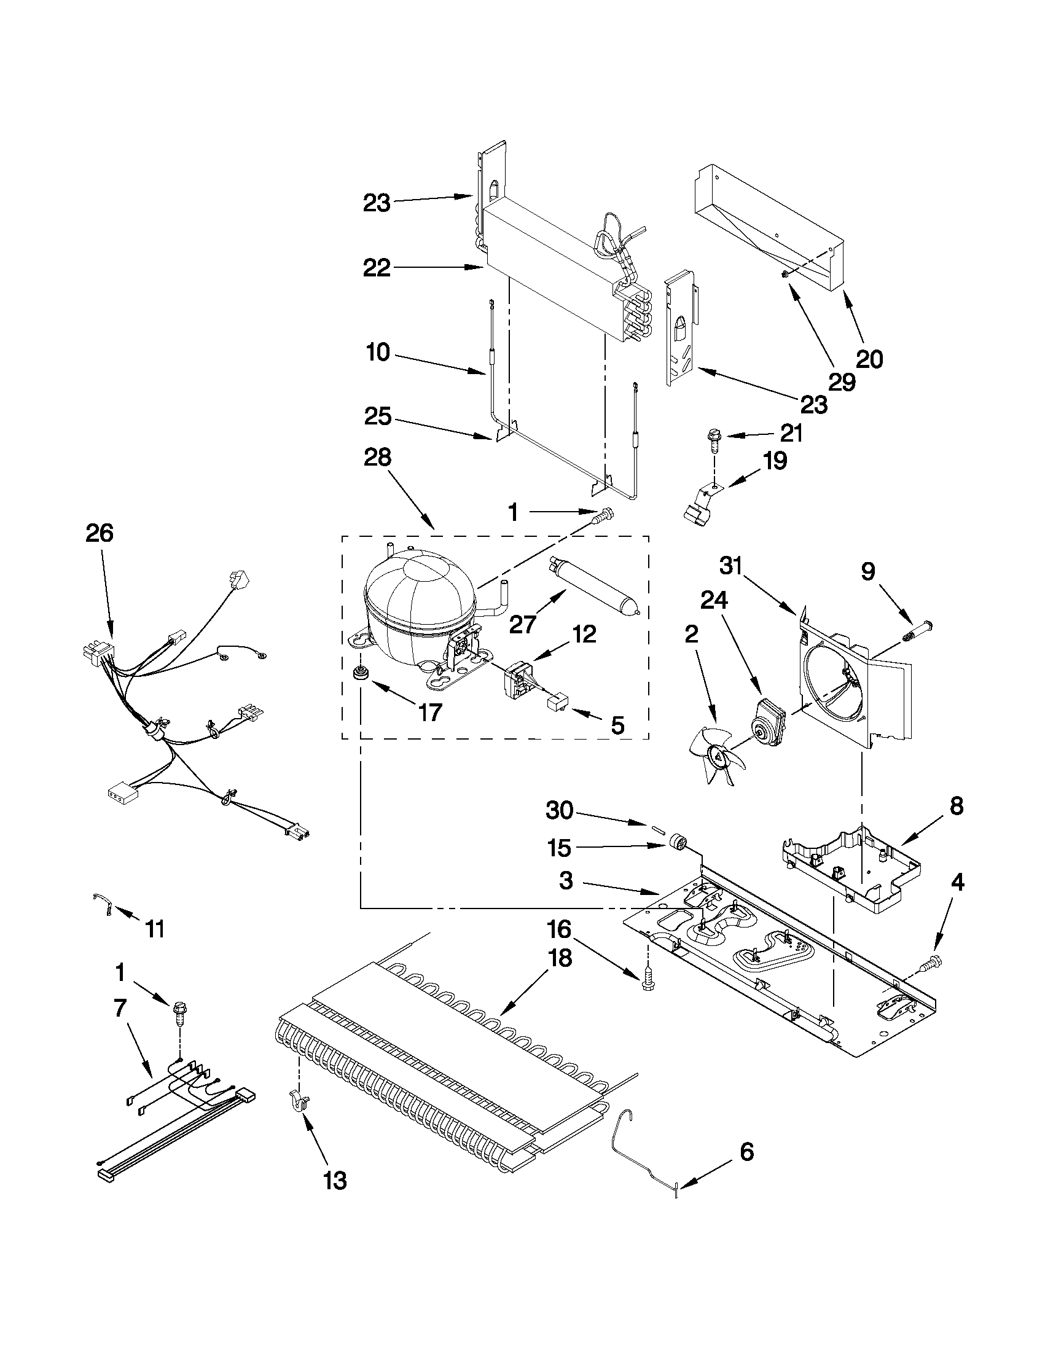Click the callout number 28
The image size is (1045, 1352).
click(x=378, y=458)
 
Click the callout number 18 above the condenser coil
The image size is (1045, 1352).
click(x=559, y=959)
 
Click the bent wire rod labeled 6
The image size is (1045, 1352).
click(x=643, y=1147)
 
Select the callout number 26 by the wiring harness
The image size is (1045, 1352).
click(x=100, y=533)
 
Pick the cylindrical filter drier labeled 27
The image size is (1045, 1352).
click(x=592, y=585)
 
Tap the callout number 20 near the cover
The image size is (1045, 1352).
click(x=869, y=359)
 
